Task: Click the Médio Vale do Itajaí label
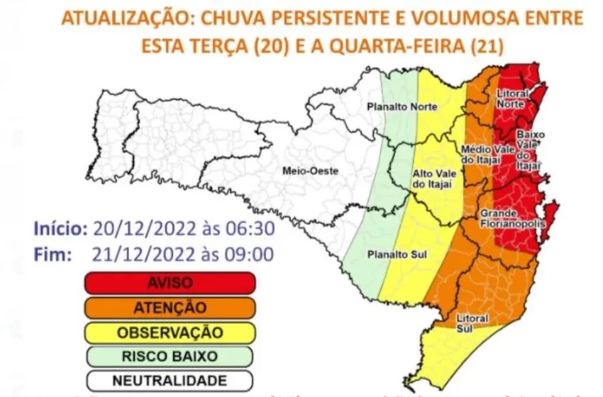tap(482, 155)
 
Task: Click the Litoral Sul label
tap(471, 315)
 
